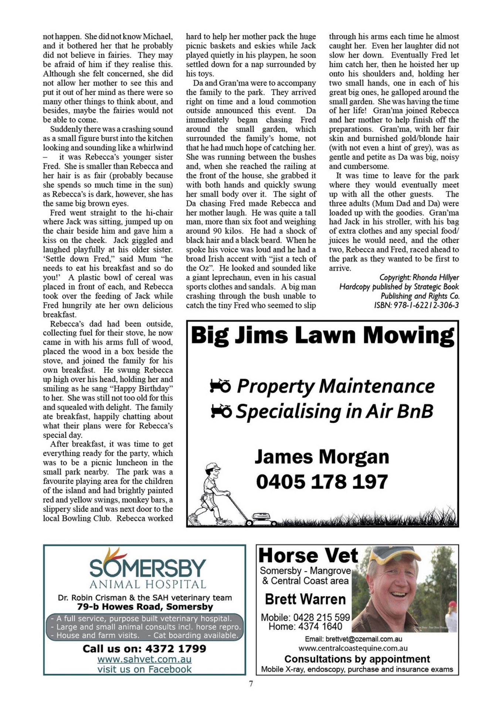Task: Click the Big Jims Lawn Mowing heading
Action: point(322,335)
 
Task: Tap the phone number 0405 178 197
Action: point(322,482)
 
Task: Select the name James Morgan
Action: point(322,457)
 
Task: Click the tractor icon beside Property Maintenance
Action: point(220,386)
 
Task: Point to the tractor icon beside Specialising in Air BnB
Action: point(221,411)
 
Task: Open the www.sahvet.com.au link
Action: point(145,659)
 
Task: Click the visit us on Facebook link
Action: point(145,669)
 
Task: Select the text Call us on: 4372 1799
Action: point(145,648)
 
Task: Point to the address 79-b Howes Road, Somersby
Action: point(145,607)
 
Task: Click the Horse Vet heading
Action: point(308,556)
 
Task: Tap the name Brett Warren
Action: point(305,599)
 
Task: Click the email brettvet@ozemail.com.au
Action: point(353,639)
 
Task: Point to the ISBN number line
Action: point(416,305)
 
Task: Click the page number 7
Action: point(251,684)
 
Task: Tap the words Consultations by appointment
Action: point(357,659)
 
